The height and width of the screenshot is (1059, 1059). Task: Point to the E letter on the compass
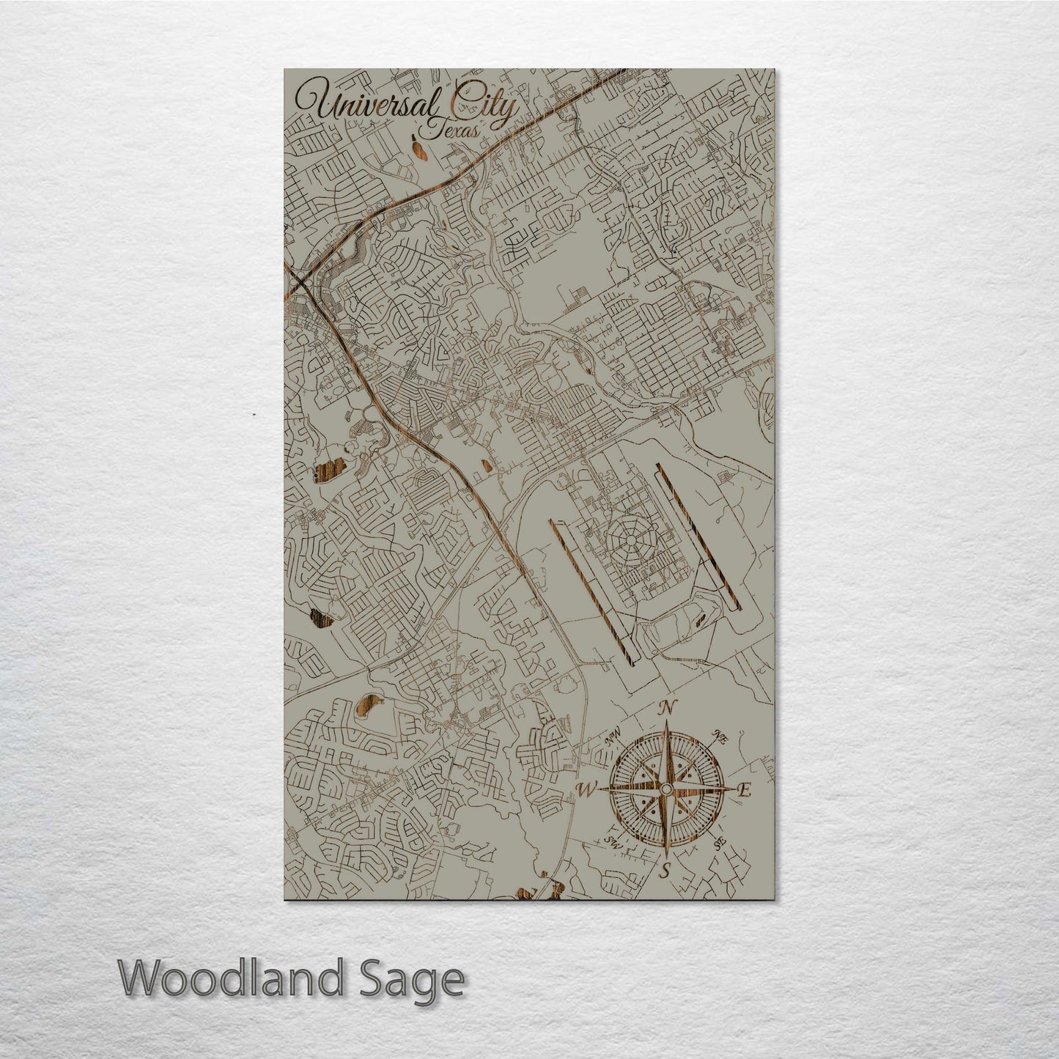(745, 790)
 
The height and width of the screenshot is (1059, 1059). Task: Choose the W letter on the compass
(586, 789)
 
